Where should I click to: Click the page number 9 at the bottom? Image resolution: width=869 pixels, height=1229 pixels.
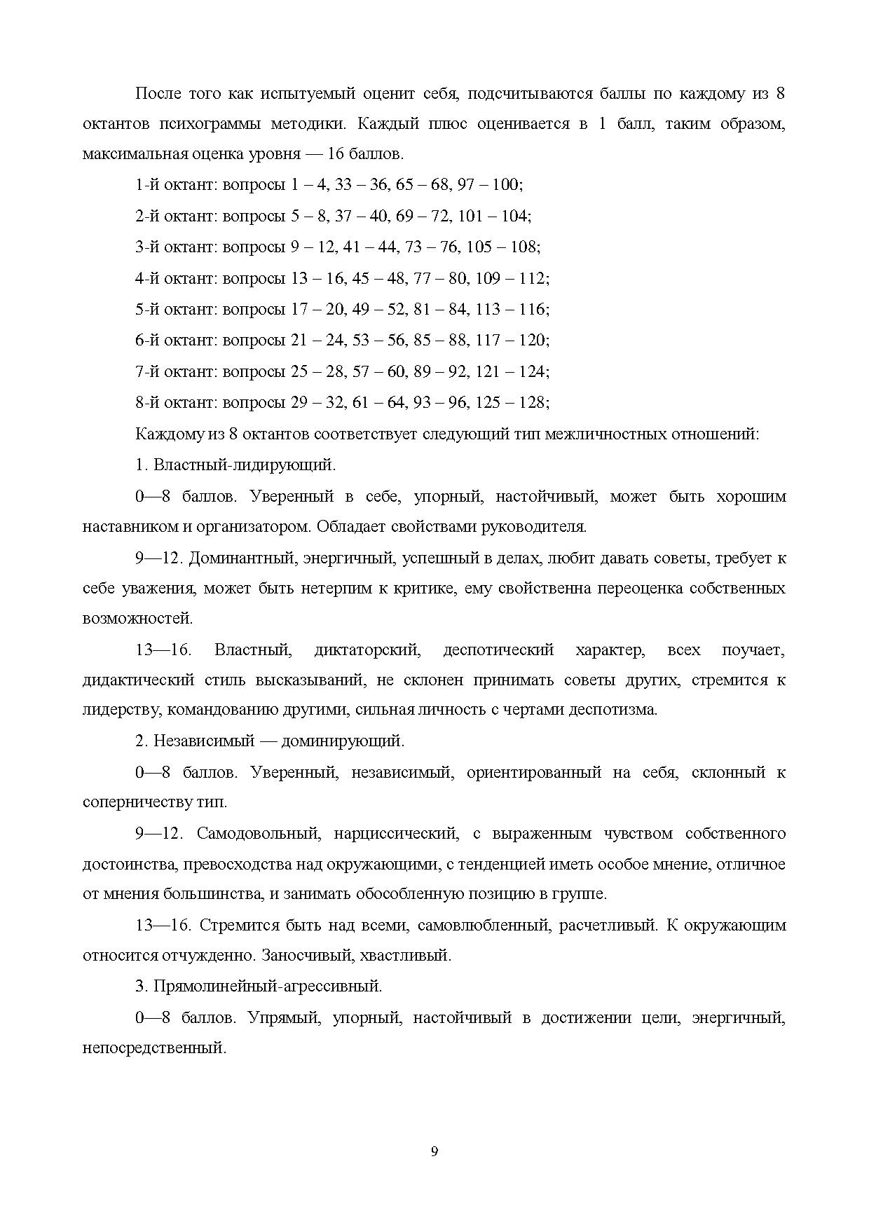(434, 1151)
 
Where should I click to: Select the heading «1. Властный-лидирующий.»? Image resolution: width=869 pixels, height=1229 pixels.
(235, 465)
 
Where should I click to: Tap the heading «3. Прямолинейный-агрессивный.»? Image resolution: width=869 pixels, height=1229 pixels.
(259, 986)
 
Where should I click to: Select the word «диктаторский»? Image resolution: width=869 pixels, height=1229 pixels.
(367, 650)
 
